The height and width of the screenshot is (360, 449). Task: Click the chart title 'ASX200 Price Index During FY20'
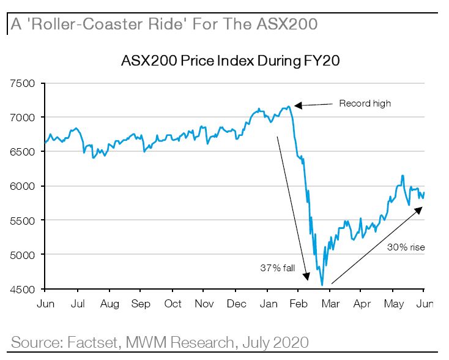(x=230, y=61)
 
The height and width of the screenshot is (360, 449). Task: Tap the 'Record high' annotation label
(x=365, y=103)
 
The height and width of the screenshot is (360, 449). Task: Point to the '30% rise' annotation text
(x=406, y=247)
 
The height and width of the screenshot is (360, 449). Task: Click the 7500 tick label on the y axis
(x=26, y=83)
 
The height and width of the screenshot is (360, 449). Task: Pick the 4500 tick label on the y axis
(x=26, y=289)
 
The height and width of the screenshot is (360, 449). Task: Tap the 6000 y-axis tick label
(x=26, y=186)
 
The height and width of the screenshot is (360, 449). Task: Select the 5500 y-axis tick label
(x=26, y=220)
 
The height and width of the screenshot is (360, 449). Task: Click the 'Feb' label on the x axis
(x=299, y=304)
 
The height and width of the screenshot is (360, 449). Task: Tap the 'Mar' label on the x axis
(x=331, y=304)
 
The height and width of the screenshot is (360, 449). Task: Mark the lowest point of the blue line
(x=322, y=285)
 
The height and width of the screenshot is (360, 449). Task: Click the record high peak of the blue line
(x=288, y=107)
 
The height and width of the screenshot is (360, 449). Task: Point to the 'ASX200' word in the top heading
(x=288, y=24)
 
